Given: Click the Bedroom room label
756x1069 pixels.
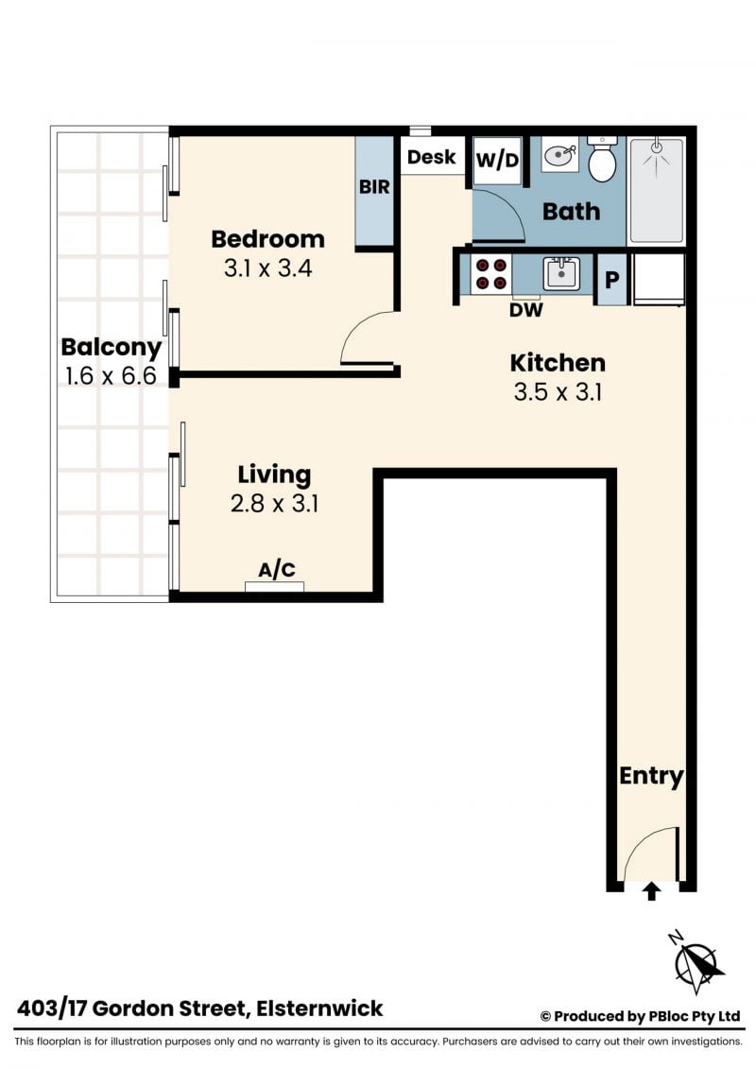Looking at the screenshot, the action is tap(267, 239).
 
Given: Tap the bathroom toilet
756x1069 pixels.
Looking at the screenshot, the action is tap(602, 159).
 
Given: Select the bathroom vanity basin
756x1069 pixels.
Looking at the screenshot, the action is tap(560, 156).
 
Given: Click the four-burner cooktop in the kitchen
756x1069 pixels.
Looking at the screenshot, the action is tap(490, 273).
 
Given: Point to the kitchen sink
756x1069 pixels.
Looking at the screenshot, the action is tap(561, 273).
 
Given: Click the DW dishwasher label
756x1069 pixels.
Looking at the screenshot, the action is tap(526, 310).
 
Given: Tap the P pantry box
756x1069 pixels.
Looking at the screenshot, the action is tap(611, 280).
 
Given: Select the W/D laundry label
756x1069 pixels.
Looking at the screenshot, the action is tap(497, 161).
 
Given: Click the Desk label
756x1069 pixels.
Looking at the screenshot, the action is tap(432, 157).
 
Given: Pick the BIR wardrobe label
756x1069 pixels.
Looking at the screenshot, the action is tap(374, 186).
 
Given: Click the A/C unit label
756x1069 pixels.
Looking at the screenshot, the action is tap(277, 569).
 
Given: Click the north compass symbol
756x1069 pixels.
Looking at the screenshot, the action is tap(696, 962).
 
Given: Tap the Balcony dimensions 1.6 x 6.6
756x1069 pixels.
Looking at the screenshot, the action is tap(112, 375).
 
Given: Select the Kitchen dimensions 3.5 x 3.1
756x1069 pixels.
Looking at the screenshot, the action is tap(558, 392).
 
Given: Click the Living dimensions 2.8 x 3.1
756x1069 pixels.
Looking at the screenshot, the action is tap(274, 503).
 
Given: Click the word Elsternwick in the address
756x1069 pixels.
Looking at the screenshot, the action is tap(319, 1009).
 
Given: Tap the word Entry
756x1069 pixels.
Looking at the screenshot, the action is tap(651, 777).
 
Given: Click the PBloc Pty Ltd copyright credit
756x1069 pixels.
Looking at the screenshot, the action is tap(640, 1016).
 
